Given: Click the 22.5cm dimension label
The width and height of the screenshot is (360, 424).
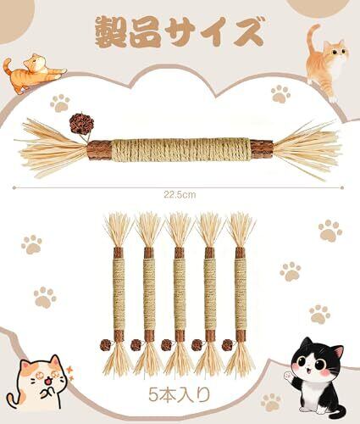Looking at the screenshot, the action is point(180,195).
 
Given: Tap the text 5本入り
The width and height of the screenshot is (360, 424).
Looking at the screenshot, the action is point(180,394).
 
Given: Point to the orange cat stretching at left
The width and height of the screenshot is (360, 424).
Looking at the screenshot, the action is point(33,73).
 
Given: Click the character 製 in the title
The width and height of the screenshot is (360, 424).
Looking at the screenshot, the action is point(110,31).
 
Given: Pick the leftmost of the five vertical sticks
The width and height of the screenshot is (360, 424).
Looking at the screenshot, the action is point(118,294).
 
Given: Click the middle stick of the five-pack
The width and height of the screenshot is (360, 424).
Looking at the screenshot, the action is point(179,294).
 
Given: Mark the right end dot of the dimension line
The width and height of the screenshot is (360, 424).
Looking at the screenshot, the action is point(342,187).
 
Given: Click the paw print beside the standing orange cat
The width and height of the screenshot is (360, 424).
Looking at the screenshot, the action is point(280,94).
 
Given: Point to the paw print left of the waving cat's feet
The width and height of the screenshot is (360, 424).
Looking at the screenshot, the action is point(271,402).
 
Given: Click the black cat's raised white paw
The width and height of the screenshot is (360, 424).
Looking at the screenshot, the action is point(287,376).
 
